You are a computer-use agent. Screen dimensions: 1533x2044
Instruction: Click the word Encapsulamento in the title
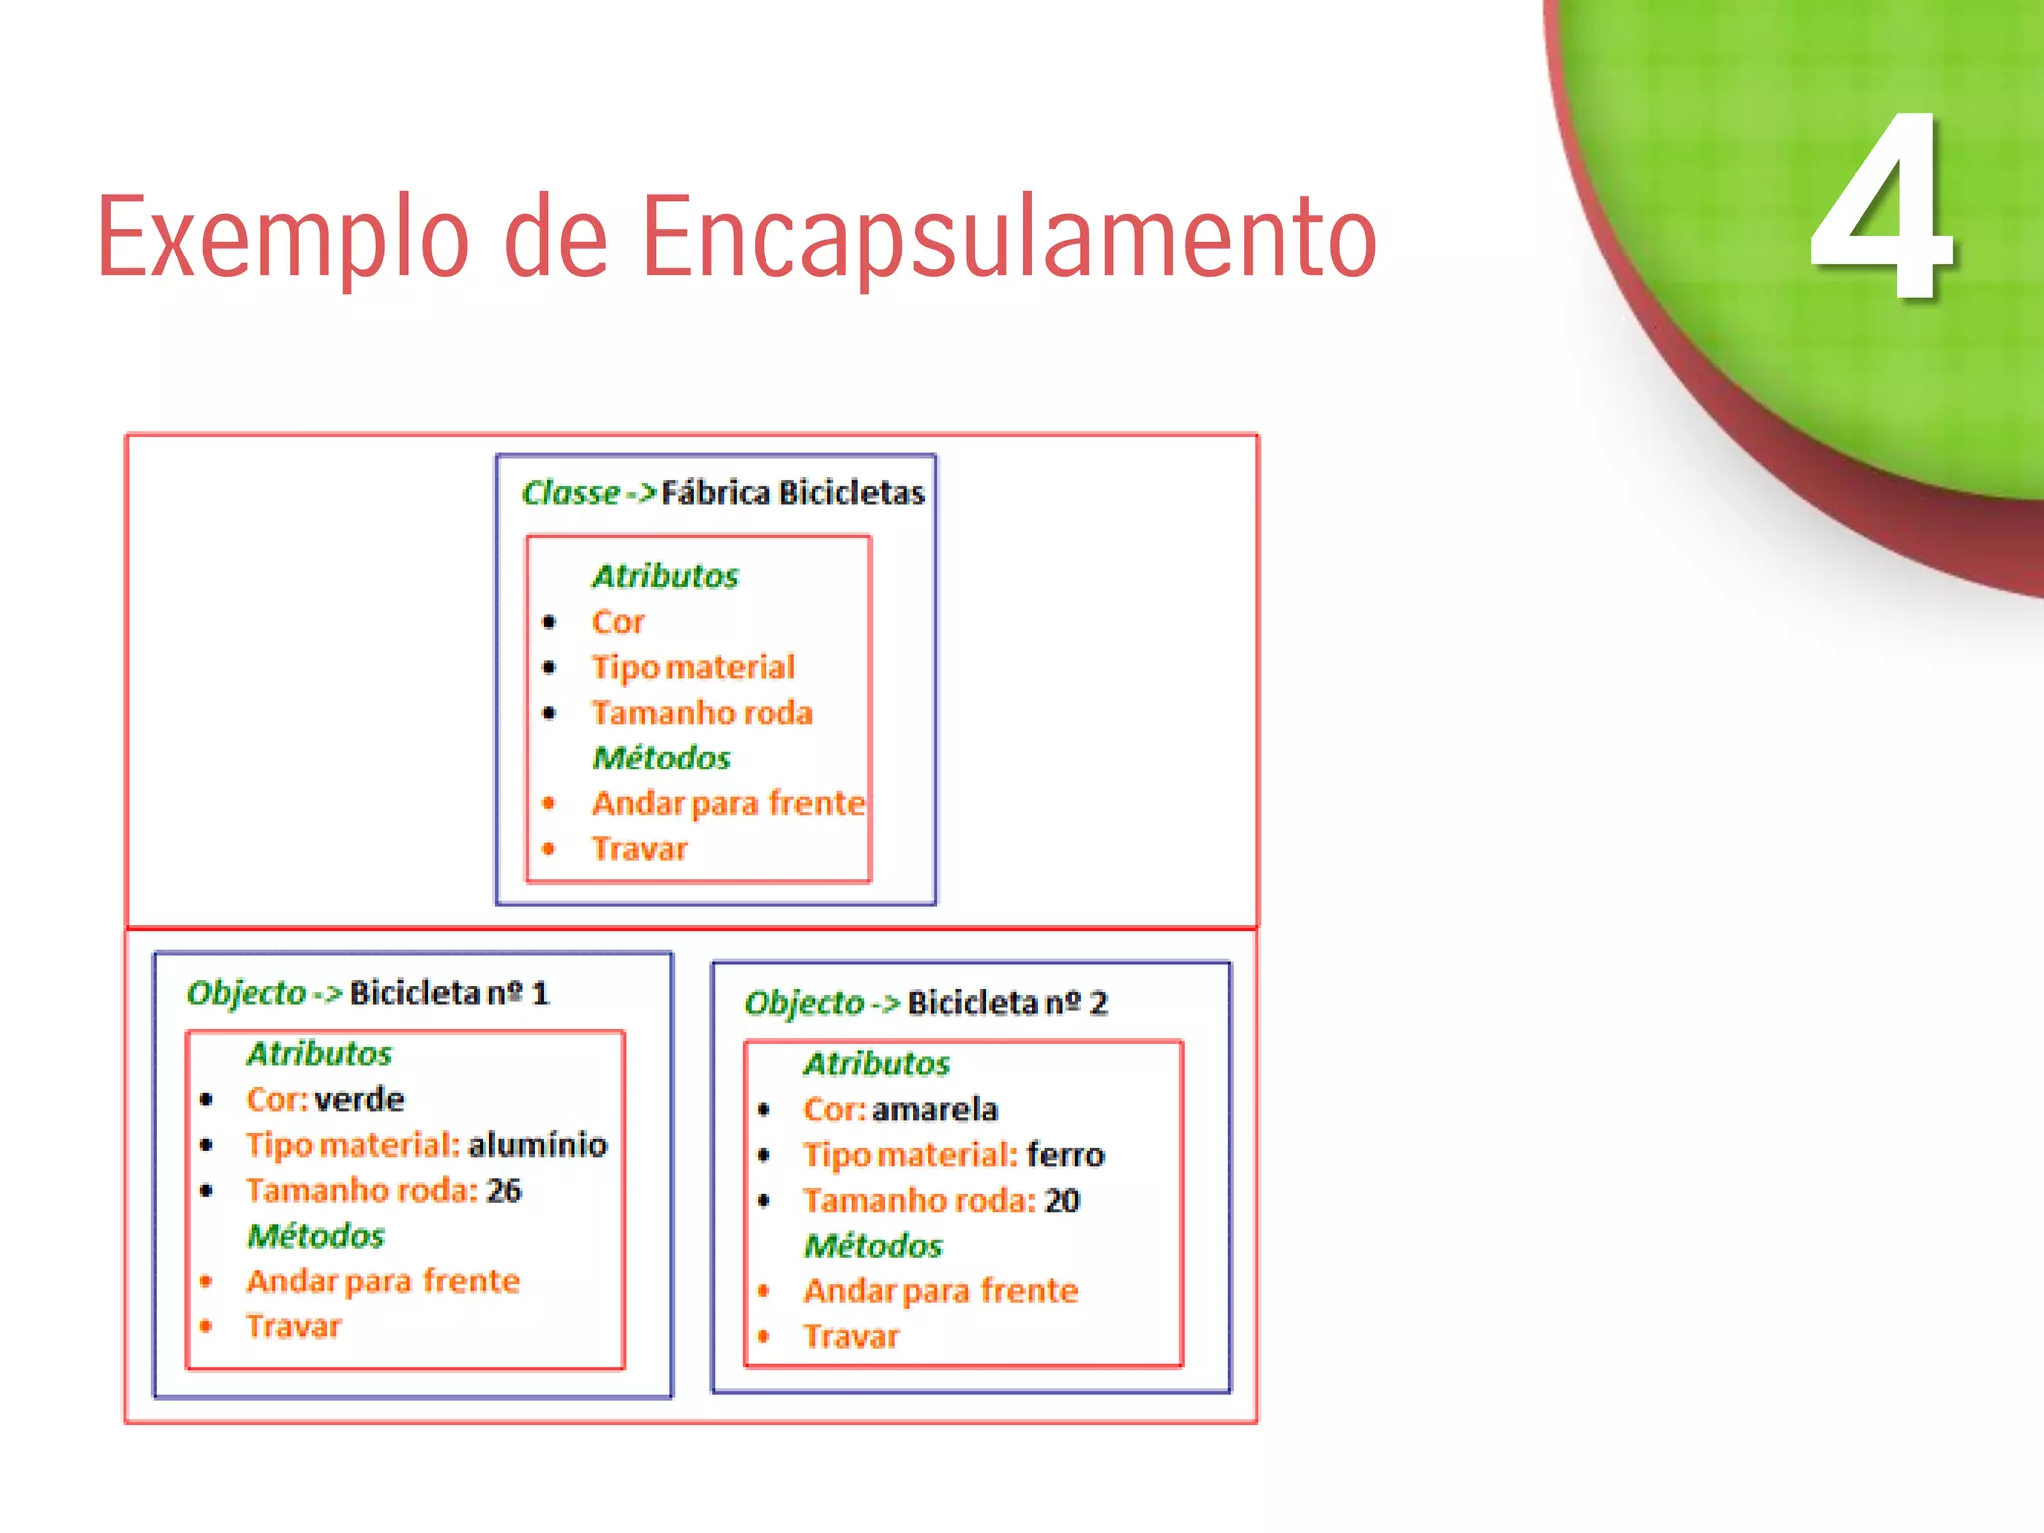tap(1008, 238)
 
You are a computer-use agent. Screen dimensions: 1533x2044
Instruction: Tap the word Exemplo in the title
tap(282, 238)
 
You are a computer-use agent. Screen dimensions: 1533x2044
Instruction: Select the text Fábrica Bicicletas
tap(792, 493)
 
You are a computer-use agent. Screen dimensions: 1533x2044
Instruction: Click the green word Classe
tap(571, 493)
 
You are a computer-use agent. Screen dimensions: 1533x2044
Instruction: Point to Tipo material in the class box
tap(693, 667)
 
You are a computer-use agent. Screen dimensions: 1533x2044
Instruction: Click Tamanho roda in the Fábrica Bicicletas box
tap(702, 713)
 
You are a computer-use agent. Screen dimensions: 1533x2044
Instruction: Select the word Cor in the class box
tap(618, 622)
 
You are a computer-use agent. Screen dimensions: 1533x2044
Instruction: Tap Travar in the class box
tap(639, 849)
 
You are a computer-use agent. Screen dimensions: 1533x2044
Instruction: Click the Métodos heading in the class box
tap(661, 759)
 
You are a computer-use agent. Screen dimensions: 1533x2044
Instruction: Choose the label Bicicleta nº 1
tap(449, 993)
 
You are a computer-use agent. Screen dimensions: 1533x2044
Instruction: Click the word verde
tap(359, 1100)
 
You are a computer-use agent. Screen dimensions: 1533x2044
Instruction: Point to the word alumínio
tap(537, 1145)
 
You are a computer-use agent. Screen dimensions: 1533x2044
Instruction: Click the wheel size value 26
tap(504, 1190)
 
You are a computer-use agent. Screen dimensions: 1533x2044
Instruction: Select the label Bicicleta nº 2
tap(1007, 1003)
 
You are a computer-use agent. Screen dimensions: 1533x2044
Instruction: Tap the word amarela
tap(934, 1110)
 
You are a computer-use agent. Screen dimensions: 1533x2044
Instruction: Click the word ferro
tap(1065, 1155)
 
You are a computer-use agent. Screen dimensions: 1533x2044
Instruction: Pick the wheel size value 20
tap(1062, 1200)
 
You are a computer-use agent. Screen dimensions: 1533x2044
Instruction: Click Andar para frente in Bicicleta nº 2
tap(941, 1291)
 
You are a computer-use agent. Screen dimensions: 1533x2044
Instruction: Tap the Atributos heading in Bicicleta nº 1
tap(319, 1054)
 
